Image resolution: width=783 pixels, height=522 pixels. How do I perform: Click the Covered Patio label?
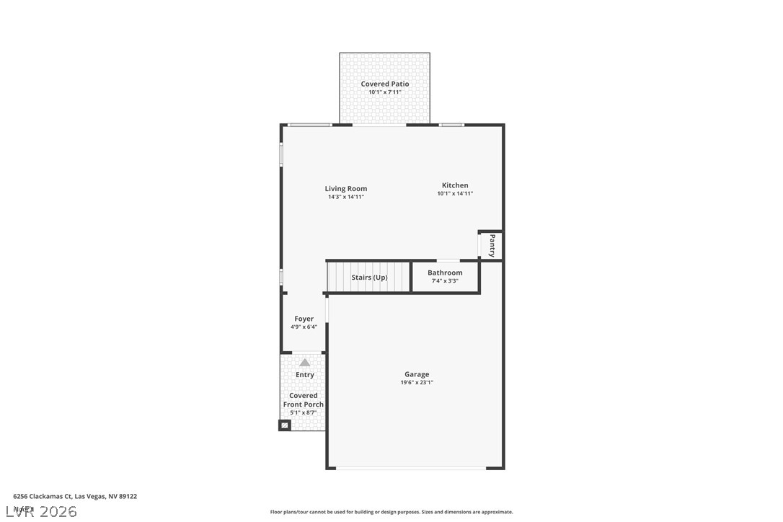385,84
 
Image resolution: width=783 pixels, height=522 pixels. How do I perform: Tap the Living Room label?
346,189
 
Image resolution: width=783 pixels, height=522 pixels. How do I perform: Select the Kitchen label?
455,185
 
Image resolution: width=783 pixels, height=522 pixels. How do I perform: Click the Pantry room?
492,245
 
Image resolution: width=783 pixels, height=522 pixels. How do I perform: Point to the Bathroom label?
445,273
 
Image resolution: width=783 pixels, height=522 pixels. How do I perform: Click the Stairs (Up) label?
369,278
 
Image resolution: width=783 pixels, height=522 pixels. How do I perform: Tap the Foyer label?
304,319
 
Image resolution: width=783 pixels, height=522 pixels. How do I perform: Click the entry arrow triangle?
305,363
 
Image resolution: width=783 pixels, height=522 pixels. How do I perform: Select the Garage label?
417,374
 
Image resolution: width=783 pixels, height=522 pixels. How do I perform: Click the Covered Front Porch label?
304,400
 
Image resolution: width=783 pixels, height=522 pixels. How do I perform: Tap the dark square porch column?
285,426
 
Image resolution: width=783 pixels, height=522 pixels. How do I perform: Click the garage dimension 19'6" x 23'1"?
417,383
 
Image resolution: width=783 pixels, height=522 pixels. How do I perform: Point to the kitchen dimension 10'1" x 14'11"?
455,193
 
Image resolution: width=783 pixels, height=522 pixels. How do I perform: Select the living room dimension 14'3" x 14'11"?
346,197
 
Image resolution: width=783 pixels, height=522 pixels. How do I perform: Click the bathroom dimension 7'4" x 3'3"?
445,280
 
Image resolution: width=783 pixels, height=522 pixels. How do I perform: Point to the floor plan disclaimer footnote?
391,512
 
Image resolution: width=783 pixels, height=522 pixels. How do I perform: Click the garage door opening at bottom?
411,469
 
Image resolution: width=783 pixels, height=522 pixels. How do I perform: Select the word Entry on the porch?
305,375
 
